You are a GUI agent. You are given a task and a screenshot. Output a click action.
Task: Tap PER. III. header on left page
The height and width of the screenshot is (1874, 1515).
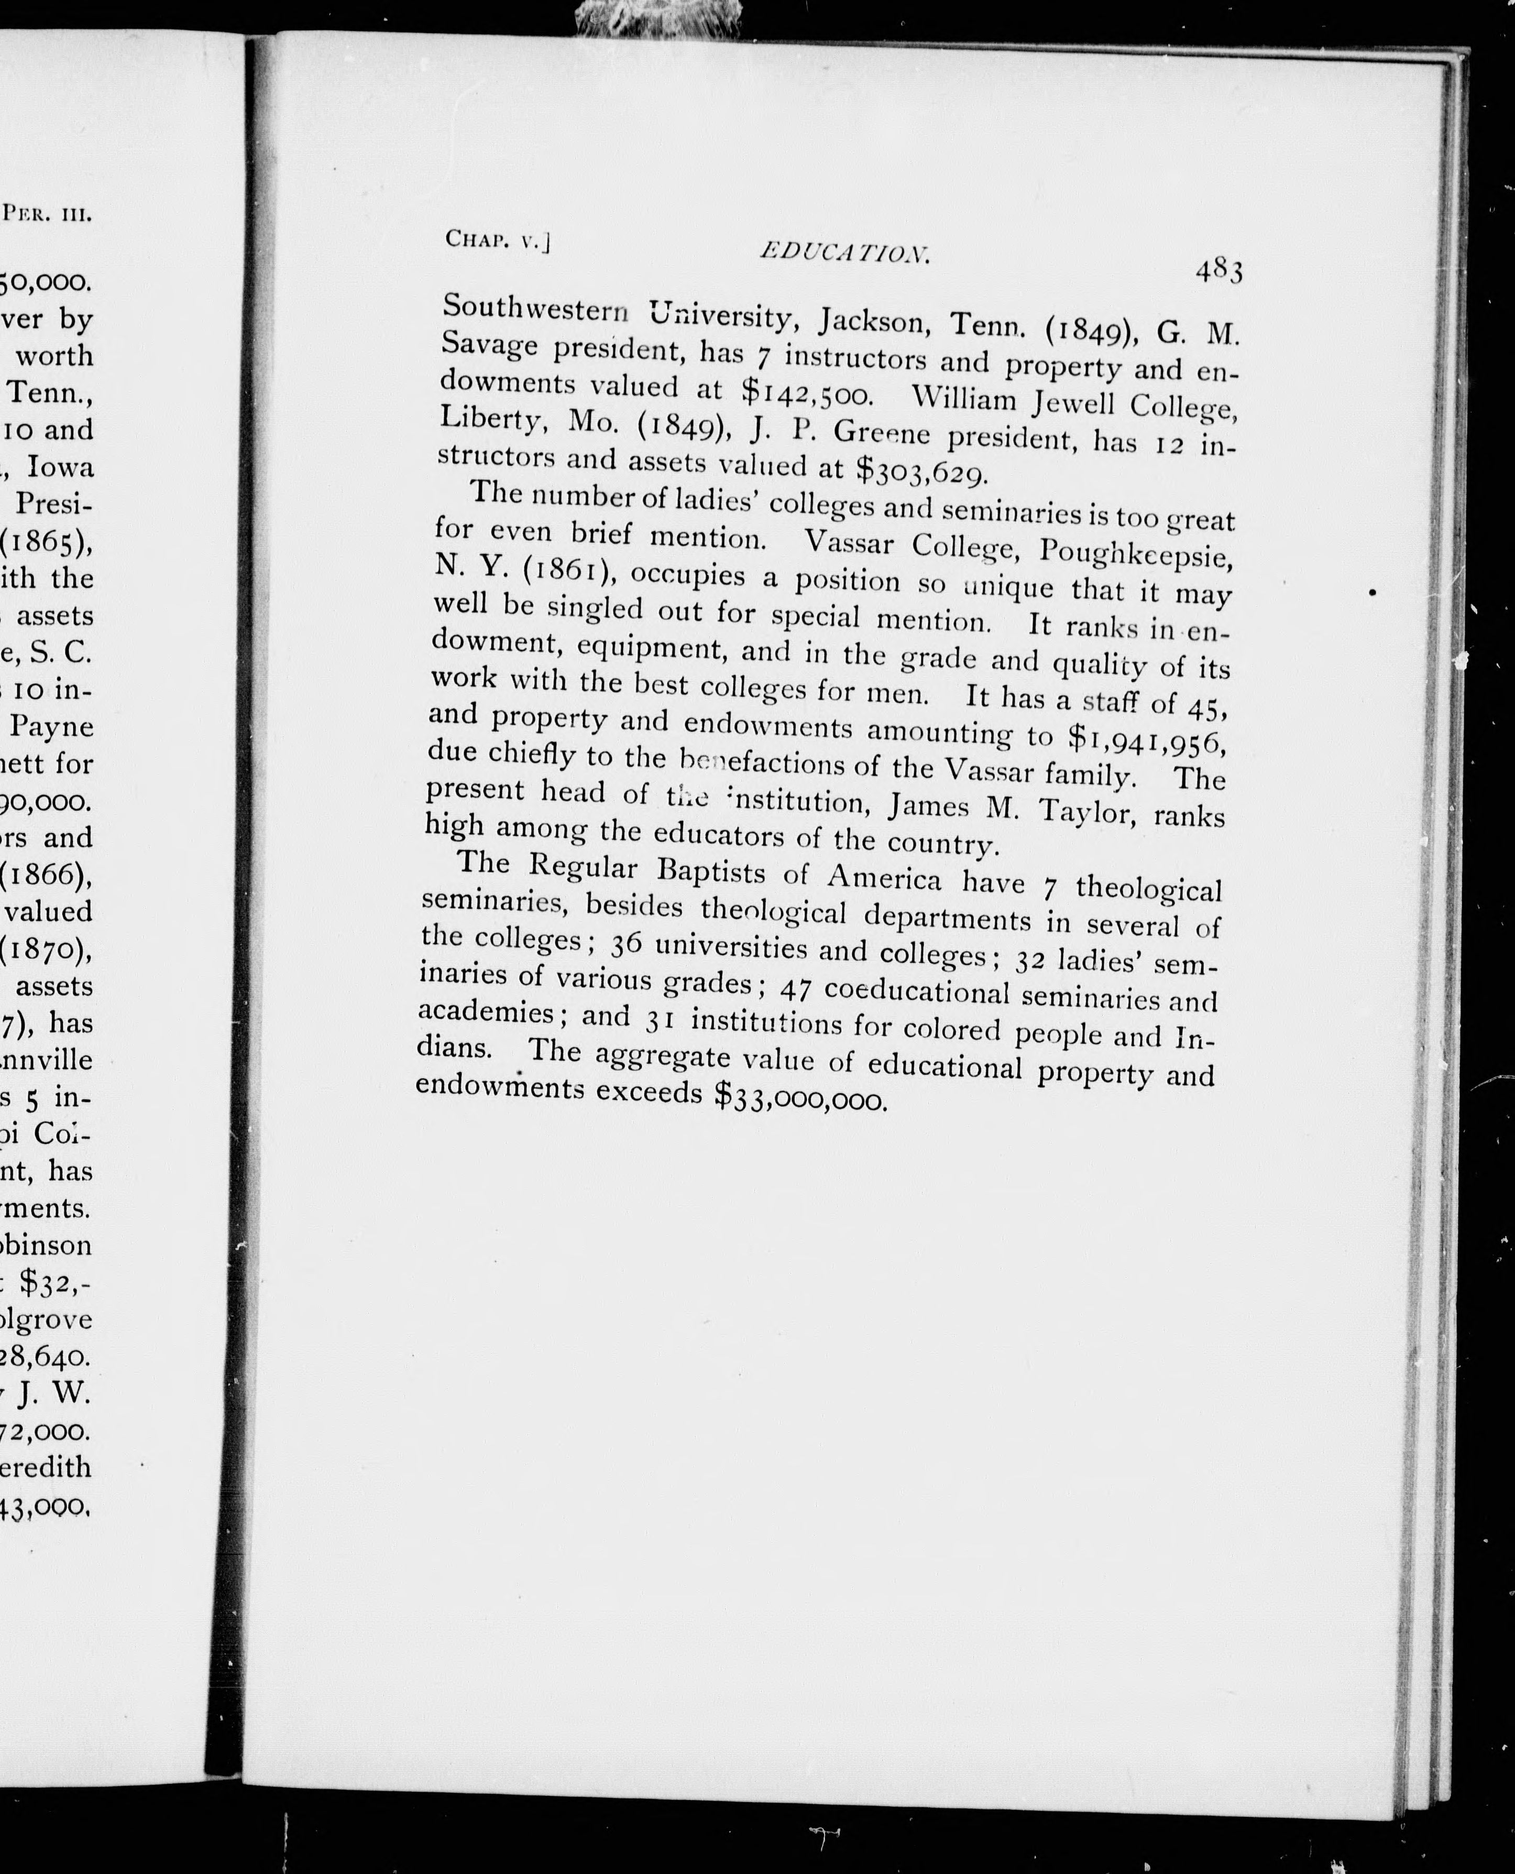[x=48, y=213]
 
